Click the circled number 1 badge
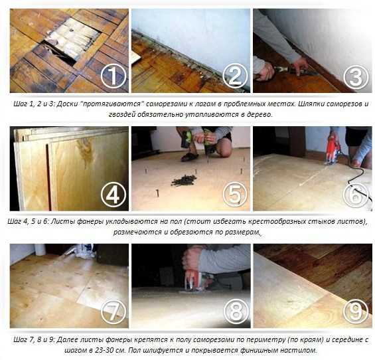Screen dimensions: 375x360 pyautogui.click(x=113, y=76)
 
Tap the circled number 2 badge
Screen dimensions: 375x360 pyautogui.click(x=235, y=76)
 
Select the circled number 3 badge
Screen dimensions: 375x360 pyautogui.click(x=356, y=76)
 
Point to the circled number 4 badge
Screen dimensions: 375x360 pyautogui.click(x=113, y=195)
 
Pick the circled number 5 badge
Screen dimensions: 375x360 pyautogui.click(x=235, y=195)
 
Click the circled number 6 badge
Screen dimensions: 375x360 pyautogui.click(x=356, y=195)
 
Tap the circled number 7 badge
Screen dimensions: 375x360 pyautogui.click(x=113, y=312)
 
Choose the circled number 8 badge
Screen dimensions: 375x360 pyautogui.click(x=236, y=312)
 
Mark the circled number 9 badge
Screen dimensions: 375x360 pyautogui.click(x=356, y=312)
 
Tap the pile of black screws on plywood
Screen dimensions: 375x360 pyautogui.click(x=184, y=180)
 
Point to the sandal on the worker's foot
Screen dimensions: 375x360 pyautogui.click(x=189, y=157)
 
